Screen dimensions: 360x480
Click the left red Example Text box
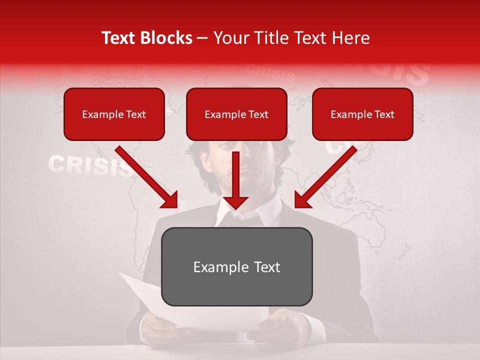coord(114,114)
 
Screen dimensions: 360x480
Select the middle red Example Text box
coord(236,114)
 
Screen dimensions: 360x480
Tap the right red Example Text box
coord(362,114)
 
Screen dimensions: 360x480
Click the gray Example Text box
coord(237,266)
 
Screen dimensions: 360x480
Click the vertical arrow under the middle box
coord(235,180)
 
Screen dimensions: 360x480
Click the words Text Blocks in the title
coord(147,38)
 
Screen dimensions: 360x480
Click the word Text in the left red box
coord(135,114)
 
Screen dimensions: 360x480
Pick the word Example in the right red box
coord(350,114)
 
